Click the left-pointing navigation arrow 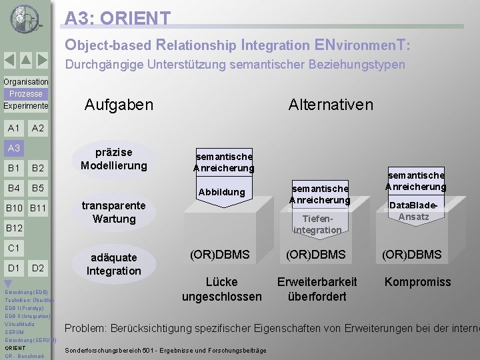point(9,60)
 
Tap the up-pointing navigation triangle point(25,60)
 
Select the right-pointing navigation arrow point(42,60)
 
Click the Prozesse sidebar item point(26,94)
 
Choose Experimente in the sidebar point(26,106)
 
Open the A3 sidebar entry point(14,148)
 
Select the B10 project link point(14,209)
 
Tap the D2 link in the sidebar point(38,268)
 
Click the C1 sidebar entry point(13,248)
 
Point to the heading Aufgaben point(119,105)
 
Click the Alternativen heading point(331,105)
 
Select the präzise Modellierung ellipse point(113,159)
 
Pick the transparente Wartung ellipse point(114,212)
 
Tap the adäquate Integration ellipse point(114,264)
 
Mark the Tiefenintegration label point(317,224)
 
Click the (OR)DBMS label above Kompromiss point(411,254)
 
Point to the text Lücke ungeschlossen point(221,289)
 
